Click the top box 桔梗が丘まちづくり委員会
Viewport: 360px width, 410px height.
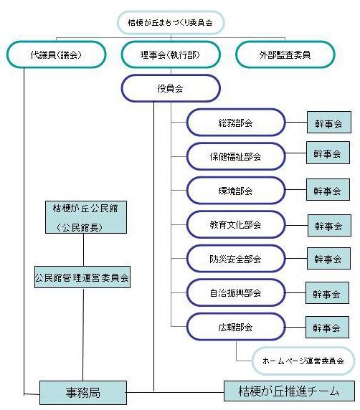pyautogui.click(x=171, y=22)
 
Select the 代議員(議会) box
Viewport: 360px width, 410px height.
pyautogui.click(x=56, y=54)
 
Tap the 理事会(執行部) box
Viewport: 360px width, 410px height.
pyautogui.click(x=171, y=54)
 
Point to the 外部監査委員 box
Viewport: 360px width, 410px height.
pyautogui.click(x=285, y=54)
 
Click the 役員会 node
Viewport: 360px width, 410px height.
pyautogui.click(x=171, y=88)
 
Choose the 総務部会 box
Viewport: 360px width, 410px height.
pyautogui.click(x=236, y=123)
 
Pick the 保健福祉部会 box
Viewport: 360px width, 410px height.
pyautogui.click(x=236, y=156)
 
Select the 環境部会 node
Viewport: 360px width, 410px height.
pyautogui.click(x=236, y=191)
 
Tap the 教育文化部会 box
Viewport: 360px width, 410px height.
pyautogui.click(x=236, y=224)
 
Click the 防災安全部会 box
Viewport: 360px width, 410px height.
pyautogui.click(x=236, y=258)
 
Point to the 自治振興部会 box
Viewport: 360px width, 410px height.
pyautogui.click(x=236, y=292)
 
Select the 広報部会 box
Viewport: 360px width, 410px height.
pyautogui.click(x=236, y=327)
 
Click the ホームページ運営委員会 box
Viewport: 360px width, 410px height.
pyautogui.click(x=303, y=361)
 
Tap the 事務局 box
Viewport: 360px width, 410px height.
pyautogui.click(x=83, y=393)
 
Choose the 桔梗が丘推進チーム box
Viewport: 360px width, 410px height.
pyautogui.click(x=289, y=391)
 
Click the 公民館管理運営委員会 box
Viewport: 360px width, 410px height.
pyautogui.click(x=82, y=277)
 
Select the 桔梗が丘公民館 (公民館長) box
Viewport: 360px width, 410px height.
pyautogui.click(x=86, y=217)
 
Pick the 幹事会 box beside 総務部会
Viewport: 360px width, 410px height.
pyautogui.click(x=329, y=123)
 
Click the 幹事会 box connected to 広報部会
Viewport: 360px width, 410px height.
pyautogui.click(x=327, y=327)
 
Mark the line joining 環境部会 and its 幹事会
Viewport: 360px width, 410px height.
pyautogui.click(x=296, y=189)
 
